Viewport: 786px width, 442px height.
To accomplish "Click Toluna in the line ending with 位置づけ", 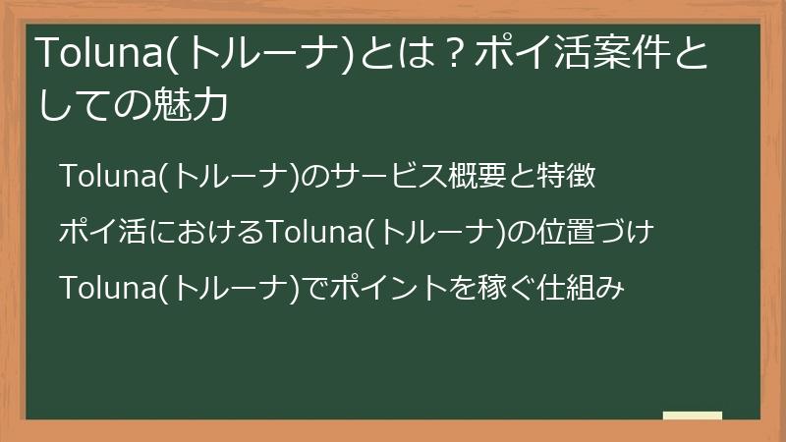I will click(314, 234).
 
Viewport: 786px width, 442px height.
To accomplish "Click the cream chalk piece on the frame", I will click(693, 416).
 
